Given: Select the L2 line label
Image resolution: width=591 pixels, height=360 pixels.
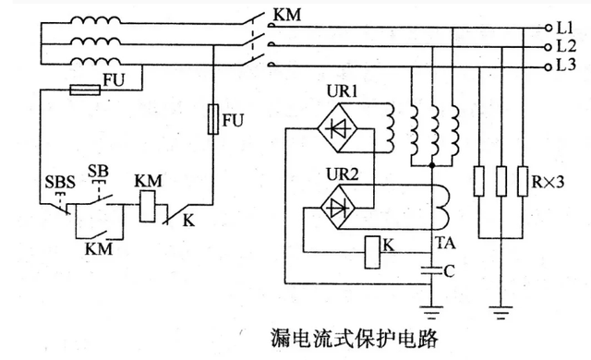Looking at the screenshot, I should (x=565, y=46).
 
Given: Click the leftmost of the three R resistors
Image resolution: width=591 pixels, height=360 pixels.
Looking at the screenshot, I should (x=477, y=178).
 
